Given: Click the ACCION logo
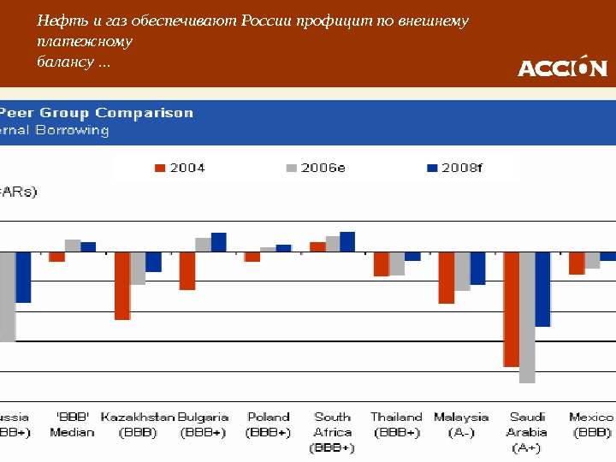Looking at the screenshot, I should click(562, 67).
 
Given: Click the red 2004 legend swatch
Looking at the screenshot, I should click(159, 168).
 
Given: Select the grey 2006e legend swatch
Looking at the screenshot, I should click(292, 168).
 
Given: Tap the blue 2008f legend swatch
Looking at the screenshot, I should click(432, 168).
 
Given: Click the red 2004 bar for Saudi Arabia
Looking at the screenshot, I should click(511, 309).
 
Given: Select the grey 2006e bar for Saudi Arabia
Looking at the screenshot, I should click(527, 317).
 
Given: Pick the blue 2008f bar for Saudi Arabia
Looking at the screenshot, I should click(542, 289).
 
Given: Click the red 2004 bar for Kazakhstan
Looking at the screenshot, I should click(122, 285).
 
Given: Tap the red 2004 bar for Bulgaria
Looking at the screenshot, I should click(187, 270).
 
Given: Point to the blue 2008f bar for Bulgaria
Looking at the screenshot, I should click(219, 242).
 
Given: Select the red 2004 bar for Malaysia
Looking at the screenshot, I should click(446, 277).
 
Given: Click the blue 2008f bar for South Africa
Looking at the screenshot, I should click(347, 241).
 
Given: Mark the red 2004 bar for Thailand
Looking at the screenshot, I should click(381, 264).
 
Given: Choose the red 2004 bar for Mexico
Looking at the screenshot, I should click(577, 263).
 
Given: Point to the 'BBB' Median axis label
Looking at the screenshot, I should click(72, 424).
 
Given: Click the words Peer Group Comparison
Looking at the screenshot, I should click(97, 113).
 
